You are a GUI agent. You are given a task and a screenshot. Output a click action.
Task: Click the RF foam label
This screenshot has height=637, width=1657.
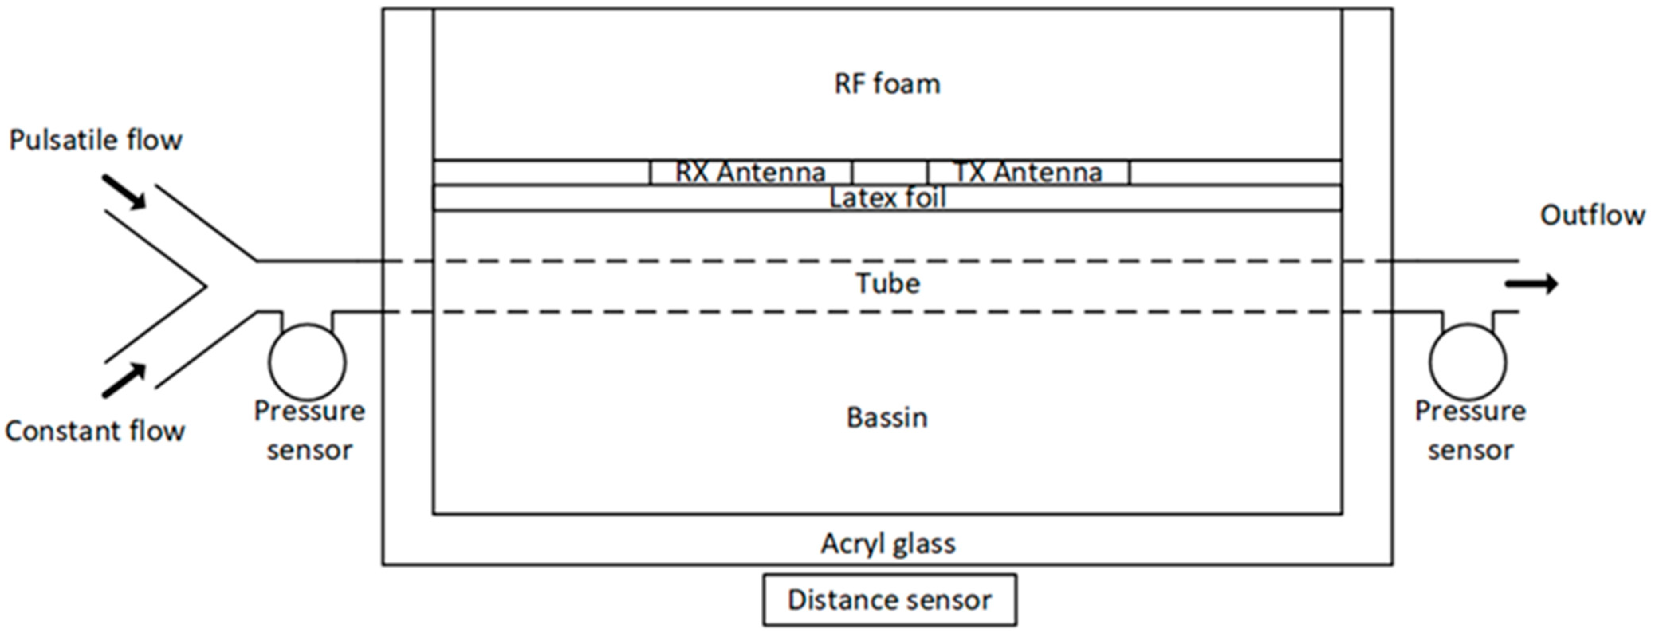[x=887, y=84]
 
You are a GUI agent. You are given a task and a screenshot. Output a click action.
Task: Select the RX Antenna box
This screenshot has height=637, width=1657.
[x=751, y=172]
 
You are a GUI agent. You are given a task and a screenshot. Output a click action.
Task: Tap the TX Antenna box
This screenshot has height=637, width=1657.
[x=1028, y=172]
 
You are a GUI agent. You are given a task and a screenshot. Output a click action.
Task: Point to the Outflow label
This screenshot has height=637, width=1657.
[x=1592, y=215]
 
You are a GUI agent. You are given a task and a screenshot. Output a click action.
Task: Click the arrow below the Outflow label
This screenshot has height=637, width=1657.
[x=1531, y=284]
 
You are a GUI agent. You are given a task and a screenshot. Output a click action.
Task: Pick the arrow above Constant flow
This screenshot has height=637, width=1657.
[x=124, y=380]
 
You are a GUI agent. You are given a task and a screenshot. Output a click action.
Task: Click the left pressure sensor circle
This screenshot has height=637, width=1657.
[x=307, y=362]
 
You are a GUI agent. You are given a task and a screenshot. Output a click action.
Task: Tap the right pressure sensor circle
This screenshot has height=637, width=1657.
[x=1468, y=362]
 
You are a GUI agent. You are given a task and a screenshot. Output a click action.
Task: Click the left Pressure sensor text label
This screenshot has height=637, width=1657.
[x=309, y=430]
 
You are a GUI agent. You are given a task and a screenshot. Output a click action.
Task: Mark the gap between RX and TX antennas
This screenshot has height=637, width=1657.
[x=890, y=172]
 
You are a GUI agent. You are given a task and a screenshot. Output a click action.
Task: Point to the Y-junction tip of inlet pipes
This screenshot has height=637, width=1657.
[x=206, y=286]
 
